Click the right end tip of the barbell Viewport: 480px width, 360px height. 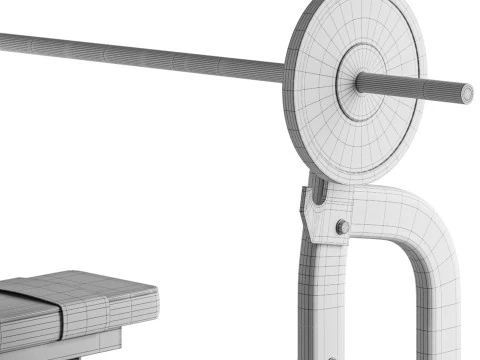[466, 95]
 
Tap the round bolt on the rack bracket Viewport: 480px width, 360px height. [343, 227]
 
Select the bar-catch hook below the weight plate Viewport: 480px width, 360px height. [318, 190]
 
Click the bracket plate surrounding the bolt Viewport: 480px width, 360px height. [325, 225]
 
